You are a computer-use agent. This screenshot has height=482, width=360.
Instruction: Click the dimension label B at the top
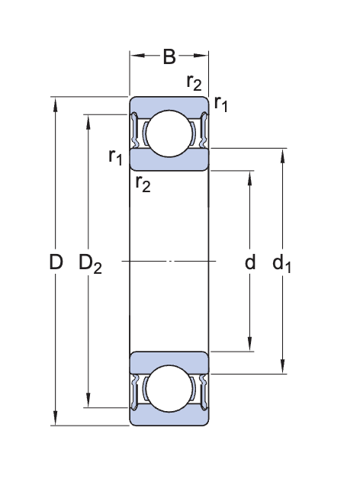(x=169, y=56)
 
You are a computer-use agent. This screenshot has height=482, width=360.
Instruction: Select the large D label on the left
(x=55, y=263)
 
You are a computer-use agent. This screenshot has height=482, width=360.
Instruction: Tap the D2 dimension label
(x=90, y=265)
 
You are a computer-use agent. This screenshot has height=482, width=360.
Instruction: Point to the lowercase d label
(x=249, y=263)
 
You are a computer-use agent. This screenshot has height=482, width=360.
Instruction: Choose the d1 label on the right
(x=282, y=264)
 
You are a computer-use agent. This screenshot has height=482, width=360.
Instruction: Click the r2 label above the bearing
(x=194, y=83)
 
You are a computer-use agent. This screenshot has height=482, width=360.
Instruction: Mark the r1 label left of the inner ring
(x=115, y=157)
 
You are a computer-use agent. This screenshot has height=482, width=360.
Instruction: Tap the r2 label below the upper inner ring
(x=143, y=182)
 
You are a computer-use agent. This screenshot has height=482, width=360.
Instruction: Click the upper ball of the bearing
(x=169, y=133)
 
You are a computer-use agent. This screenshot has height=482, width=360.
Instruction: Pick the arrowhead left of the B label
(x=135, y=56)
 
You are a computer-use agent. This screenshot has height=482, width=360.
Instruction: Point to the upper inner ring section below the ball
(x=169, y=161)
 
